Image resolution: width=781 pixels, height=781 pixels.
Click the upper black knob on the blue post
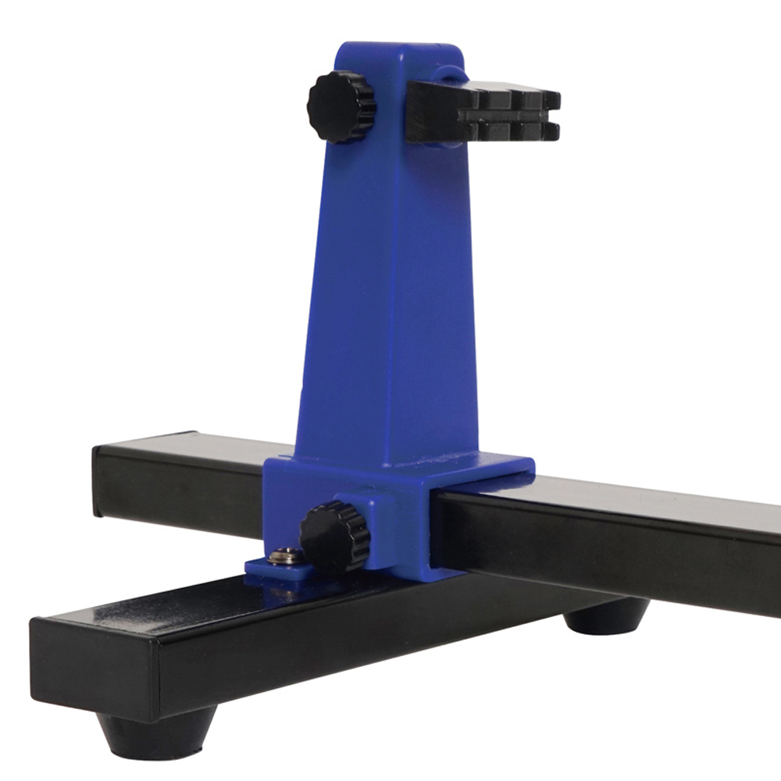pos(341,107)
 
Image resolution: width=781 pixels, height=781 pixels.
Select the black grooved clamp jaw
pos(484,114)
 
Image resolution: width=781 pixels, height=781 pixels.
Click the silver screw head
pos(287,557)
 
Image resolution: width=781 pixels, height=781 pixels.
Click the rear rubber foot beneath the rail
pos(605,617)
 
